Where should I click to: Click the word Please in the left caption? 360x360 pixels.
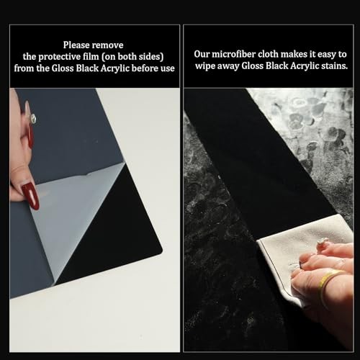pos(76,45)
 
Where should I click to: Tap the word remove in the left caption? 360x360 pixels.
pos(108,45)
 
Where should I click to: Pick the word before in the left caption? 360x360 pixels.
pos(145,68)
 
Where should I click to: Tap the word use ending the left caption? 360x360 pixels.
pos(168,68)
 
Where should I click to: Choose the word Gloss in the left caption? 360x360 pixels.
pos(63,68)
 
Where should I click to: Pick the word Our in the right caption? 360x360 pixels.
pos(202,54)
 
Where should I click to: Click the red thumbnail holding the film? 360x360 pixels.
pos(30,197)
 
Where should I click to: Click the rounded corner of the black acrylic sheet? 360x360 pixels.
pos(161,251)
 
